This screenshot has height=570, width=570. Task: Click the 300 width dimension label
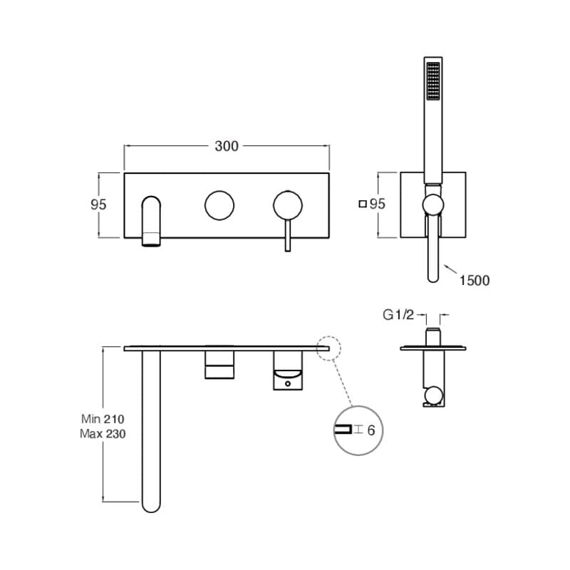click(227, 146)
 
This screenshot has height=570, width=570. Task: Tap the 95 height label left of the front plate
click(98, 204)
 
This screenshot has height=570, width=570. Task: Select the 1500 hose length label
click(474, 281)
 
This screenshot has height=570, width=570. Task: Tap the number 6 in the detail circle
click(370, 430)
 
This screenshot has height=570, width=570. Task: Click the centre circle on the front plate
click(219, 204)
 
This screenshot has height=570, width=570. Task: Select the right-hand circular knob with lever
click(288, 204)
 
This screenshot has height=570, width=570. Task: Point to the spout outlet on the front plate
click(152, 239)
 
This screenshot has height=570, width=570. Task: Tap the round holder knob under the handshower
click(432, 205)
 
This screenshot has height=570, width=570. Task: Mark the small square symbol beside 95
click(363, 204)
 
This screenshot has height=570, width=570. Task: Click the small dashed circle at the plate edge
click(331, 348)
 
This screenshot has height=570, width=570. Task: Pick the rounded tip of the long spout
click(151, 504)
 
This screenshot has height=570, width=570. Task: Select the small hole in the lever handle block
click(288, 383)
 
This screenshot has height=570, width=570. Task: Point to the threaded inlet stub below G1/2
click(432, 336)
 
